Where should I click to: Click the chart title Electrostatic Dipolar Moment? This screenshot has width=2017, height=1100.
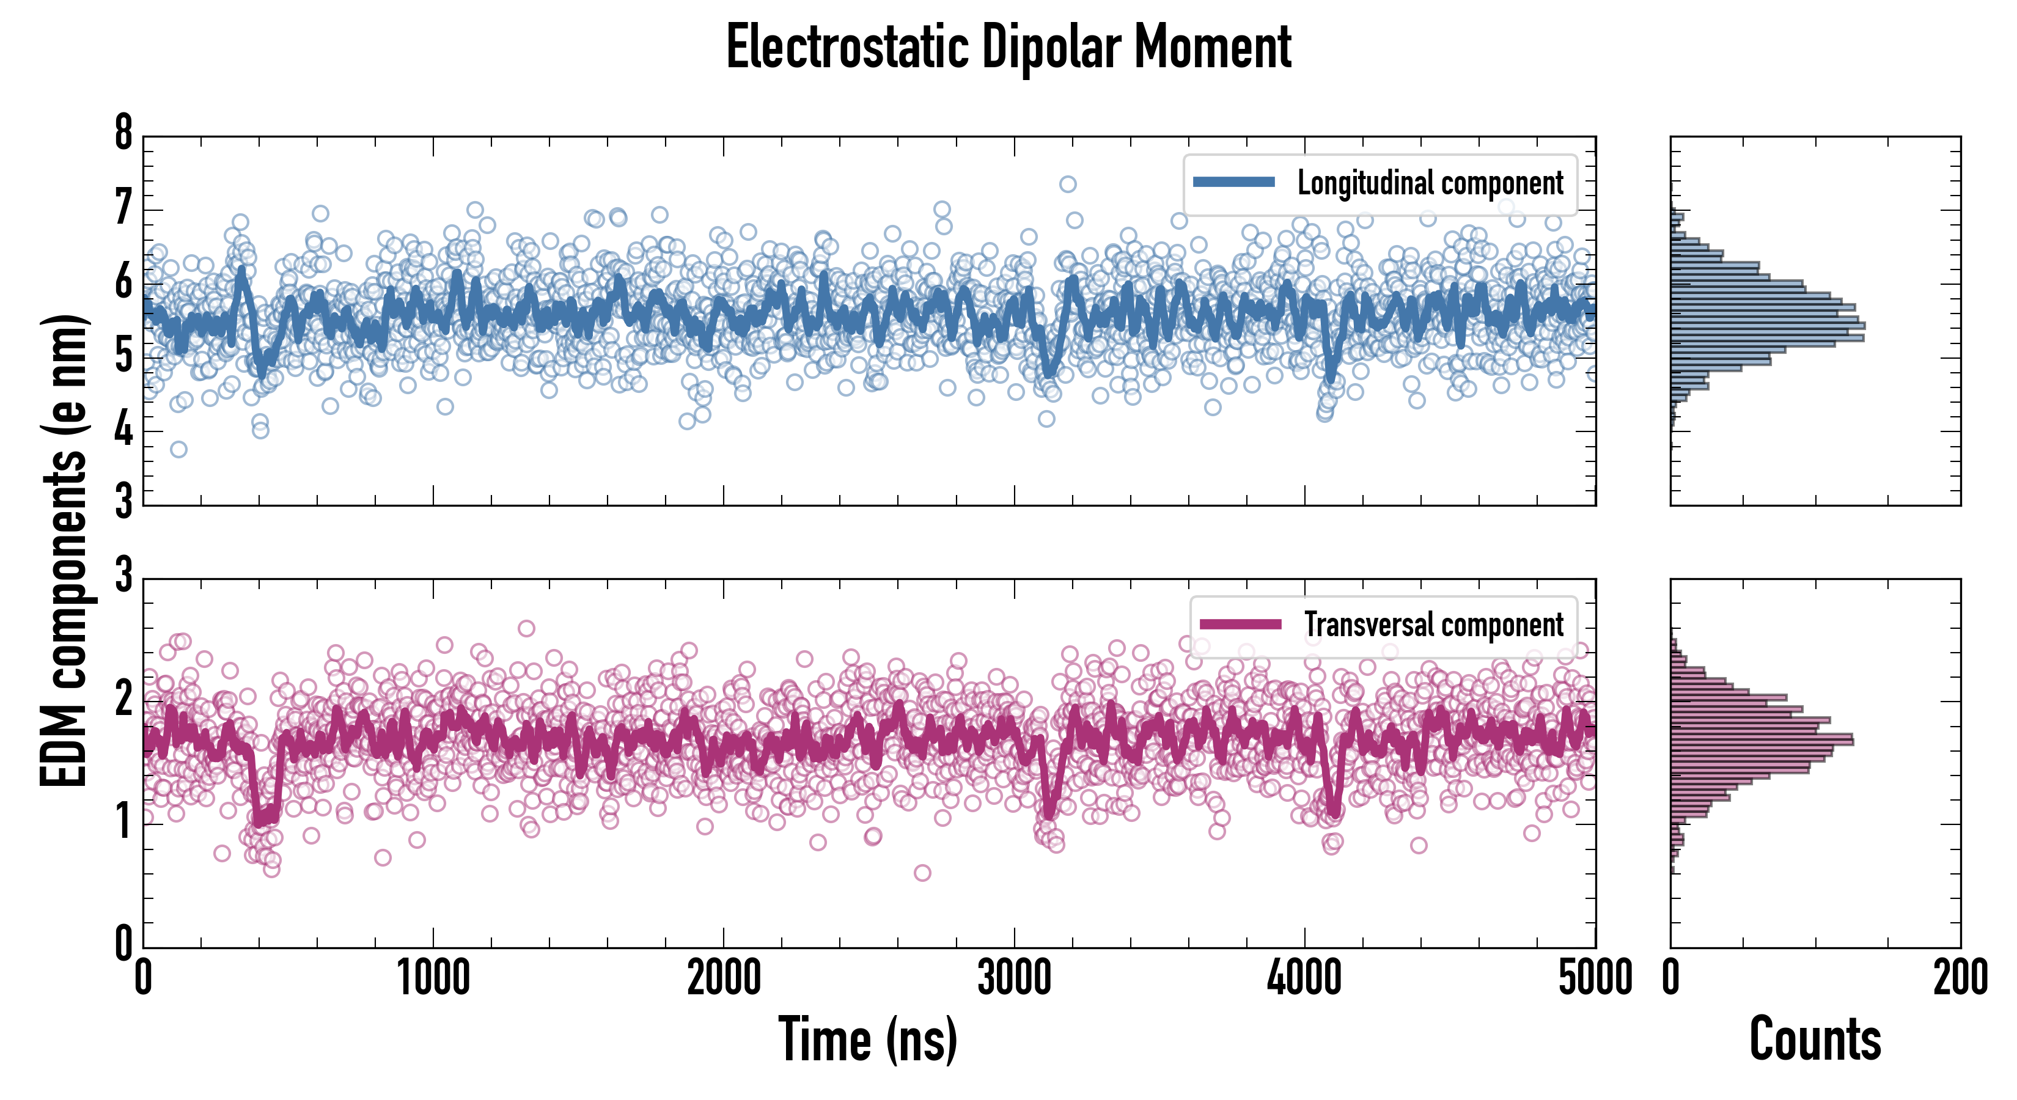1008,47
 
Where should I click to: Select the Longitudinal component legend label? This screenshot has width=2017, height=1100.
1430,183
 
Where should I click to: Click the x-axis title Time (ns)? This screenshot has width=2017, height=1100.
867,1039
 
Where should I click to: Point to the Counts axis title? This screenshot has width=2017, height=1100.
1815,1039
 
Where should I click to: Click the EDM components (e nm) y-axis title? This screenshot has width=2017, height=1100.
64,551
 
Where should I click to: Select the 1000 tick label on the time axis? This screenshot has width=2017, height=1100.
433,978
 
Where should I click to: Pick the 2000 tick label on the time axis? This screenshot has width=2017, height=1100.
724,978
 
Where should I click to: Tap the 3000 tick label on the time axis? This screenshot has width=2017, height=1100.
1014,978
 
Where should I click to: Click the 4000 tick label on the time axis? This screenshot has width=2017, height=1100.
1304,978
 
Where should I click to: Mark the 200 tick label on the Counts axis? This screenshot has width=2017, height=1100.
1960,978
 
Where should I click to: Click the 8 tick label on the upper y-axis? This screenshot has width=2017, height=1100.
123,133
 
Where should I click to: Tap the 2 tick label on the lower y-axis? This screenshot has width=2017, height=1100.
123,699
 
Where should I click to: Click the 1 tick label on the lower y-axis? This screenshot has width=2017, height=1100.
123,822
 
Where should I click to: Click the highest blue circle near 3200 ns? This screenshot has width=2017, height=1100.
1067,184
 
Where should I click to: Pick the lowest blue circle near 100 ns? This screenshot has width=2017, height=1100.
178,449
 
